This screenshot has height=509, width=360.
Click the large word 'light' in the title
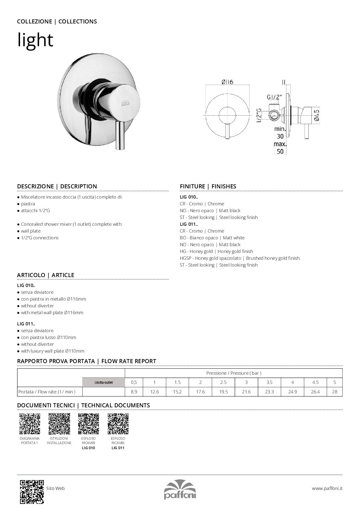(35, 40)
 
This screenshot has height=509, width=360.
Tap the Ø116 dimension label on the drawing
(227, 82)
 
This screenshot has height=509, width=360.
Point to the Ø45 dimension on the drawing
(316, 115)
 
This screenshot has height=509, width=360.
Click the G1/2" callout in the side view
(274, 97)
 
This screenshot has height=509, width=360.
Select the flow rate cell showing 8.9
(134, 392)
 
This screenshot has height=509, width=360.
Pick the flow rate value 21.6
(246, 392)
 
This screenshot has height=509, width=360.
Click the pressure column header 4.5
(315, 382)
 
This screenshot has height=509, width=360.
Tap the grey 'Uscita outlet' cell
(104, 382)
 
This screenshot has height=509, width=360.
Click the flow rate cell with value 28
(335, 392)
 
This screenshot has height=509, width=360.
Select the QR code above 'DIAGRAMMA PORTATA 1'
(30, 424)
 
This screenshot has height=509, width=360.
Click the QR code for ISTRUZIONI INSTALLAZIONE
(59, 424)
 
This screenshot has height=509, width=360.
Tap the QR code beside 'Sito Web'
(32, 491)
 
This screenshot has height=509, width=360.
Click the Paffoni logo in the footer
(180, 489)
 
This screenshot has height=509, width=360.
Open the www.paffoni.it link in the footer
(327, 488)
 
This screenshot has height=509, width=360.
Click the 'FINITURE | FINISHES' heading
(208, 186)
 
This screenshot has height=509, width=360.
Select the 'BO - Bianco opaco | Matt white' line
(212, 238)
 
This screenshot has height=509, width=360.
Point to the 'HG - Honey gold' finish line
(216, 251)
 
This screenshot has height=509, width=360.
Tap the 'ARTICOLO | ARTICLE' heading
(46, 275)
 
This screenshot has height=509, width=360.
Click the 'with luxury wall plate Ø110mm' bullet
(52, 351)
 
